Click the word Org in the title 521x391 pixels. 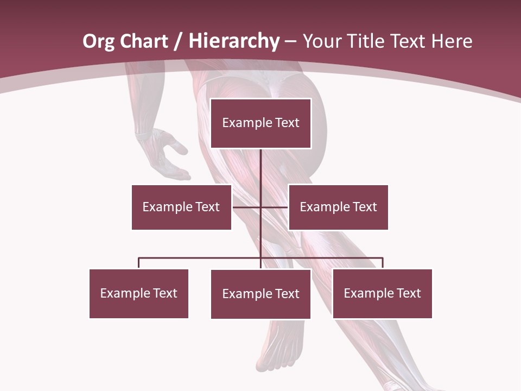(99, 41)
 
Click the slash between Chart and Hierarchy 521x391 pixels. (177, 41)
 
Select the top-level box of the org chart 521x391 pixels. (260, 123)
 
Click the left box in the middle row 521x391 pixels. (181, 207)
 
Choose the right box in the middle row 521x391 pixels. (338, 207)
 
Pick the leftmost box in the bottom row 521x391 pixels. (138, 293)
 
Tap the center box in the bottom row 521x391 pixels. (260, 294)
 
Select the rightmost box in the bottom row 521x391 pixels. (382, 293)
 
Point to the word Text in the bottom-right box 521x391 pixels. (408, 293)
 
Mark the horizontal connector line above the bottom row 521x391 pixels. (201, 258)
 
